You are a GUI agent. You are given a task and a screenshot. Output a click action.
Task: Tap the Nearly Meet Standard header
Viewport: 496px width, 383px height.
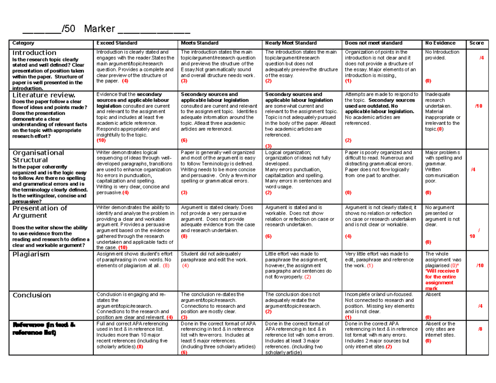[291, 43]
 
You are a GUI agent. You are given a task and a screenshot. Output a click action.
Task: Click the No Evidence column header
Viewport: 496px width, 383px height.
[440, 43]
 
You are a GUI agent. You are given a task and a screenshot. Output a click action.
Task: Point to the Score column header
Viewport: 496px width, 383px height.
[477, 43]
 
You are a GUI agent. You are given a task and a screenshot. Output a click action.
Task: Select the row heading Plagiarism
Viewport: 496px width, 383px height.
[31, 254]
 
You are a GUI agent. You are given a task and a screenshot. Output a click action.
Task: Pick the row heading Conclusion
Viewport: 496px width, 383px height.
[32, 295]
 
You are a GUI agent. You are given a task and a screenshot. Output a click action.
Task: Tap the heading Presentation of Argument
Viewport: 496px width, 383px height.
[40, 212]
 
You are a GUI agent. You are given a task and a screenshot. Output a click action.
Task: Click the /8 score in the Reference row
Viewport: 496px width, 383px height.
[480, 329]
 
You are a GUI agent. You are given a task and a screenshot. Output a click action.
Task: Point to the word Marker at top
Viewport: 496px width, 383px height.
[99, 29]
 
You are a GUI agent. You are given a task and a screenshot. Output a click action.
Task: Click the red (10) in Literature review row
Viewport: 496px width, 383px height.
[101, 140]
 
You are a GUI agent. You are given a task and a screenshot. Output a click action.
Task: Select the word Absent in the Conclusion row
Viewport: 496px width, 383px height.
[433, 295]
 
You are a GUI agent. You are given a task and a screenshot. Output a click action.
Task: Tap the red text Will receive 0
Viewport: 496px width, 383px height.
[441, 271]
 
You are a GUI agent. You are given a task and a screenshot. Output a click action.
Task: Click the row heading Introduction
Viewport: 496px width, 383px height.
[34, 53]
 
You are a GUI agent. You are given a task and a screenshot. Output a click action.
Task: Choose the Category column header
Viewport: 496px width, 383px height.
[23, 43]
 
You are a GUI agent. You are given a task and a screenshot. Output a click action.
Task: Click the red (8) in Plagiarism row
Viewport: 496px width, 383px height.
[166, 266]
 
